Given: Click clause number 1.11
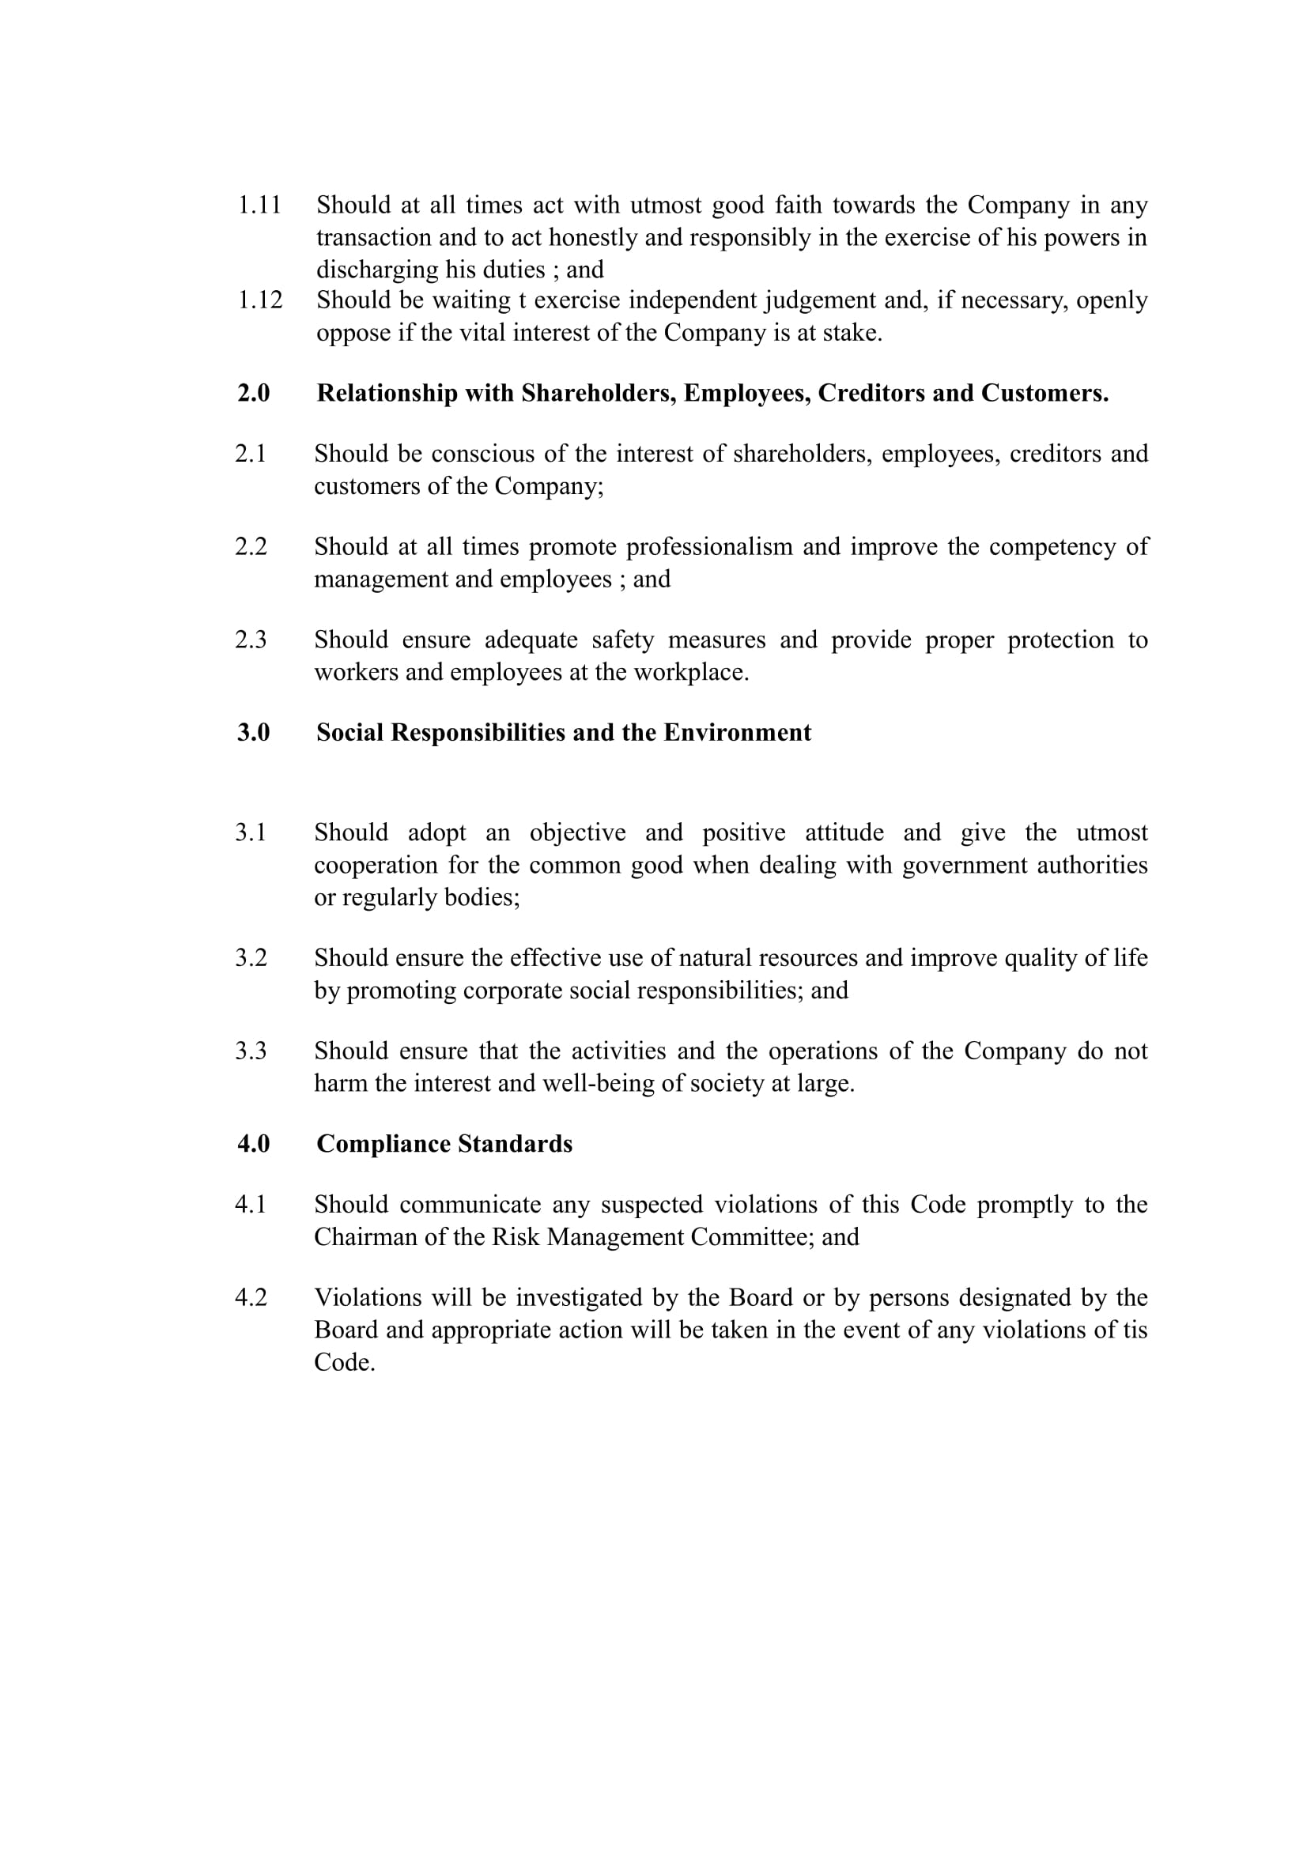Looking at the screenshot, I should coord(259,206).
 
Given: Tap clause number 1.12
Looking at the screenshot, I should coord(259,300).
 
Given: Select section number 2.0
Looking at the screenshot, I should coord(253,393).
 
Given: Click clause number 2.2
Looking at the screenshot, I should coord(251,547).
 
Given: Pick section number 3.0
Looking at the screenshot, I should coord(253,733).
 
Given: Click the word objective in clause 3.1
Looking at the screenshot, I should coord(577,832).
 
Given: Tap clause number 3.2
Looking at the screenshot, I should coord(251,958).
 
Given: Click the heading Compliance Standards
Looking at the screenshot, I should coord(444,1145).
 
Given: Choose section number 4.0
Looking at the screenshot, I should coord(253,1145).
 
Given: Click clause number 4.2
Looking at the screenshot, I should coord(251,1298).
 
